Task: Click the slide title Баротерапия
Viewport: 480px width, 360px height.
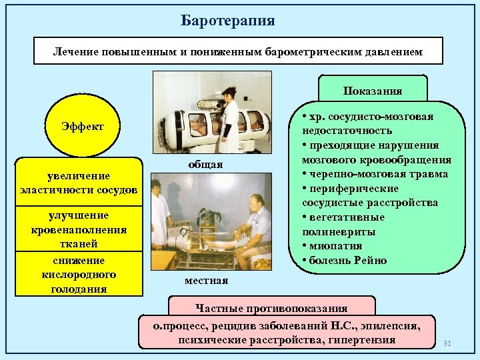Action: [228, 20]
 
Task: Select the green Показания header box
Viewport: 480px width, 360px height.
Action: [373, 91]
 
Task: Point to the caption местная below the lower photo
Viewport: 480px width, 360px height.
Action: [206, 281]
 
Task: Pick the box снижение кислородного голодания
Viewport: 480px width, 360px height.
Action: [79, 274]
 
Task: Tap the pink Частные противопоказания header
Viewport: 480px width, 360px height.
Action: [271, 308]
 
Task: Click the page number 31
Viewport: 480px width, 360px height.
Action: [447, 343]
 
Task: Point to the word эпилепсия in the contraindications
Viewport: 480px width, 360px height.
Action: [392, 326]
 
